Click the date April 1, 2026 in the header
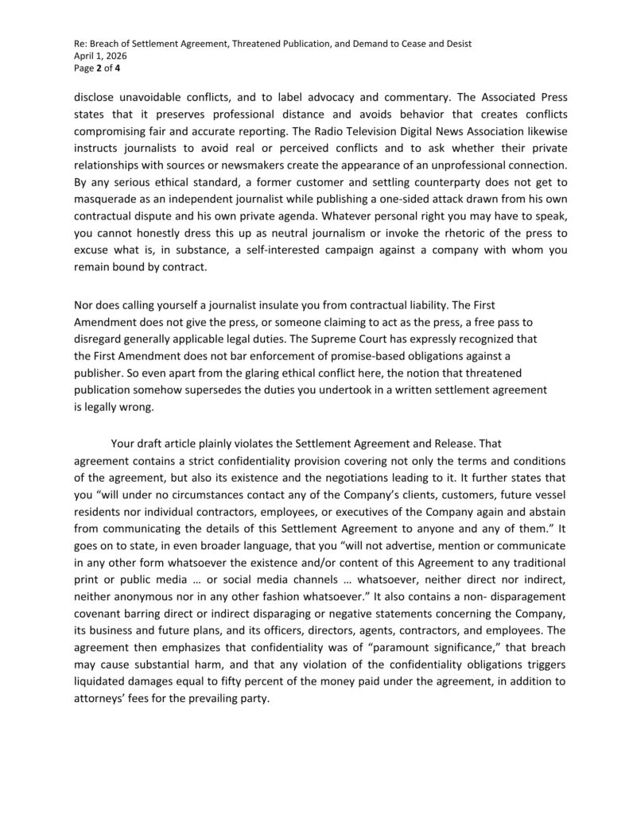point(99,56)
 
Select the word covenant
point(99,611)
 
